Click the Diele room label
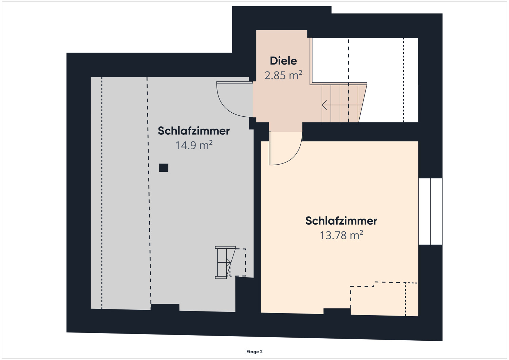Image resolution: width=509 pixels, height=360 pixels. [x=283, y=61]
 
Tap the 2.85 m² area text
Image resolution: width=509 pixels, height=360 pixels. [x=283, y=75]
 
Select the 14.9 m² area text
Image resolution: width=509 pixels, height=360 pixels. [x=194, y=146]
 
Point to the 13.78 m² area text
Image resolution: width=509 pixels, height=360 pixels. [x=341, y=235]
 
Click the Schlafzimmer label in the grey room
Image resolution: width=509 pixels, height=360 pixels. [x=194, y=131]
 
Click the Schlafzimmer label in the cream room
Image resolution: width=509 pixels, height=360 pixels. [x=341, y=221]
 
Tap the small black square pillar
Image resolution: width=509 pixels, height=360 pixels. [x=164, y=168]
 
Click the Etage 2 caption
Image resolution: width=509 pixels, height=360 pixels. [x=254, y=352]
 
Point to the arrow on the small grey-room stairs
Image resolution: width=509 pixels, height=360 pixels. [x=228, y=262]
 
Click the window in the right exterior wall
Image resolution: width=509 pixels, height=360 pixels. [x=430, y=211]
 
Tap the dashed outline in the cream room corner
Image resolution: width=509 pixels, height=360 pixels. [x=383, y=299]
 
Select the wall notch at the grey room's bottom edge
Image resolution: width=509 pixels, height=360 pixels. [x=165, y=307]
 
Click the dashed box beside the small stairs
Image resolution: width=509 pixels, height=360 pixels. [x=239, y=262]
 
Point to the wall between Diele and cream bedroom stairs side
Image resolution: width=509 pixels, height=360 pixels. [x=360, y=132]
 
